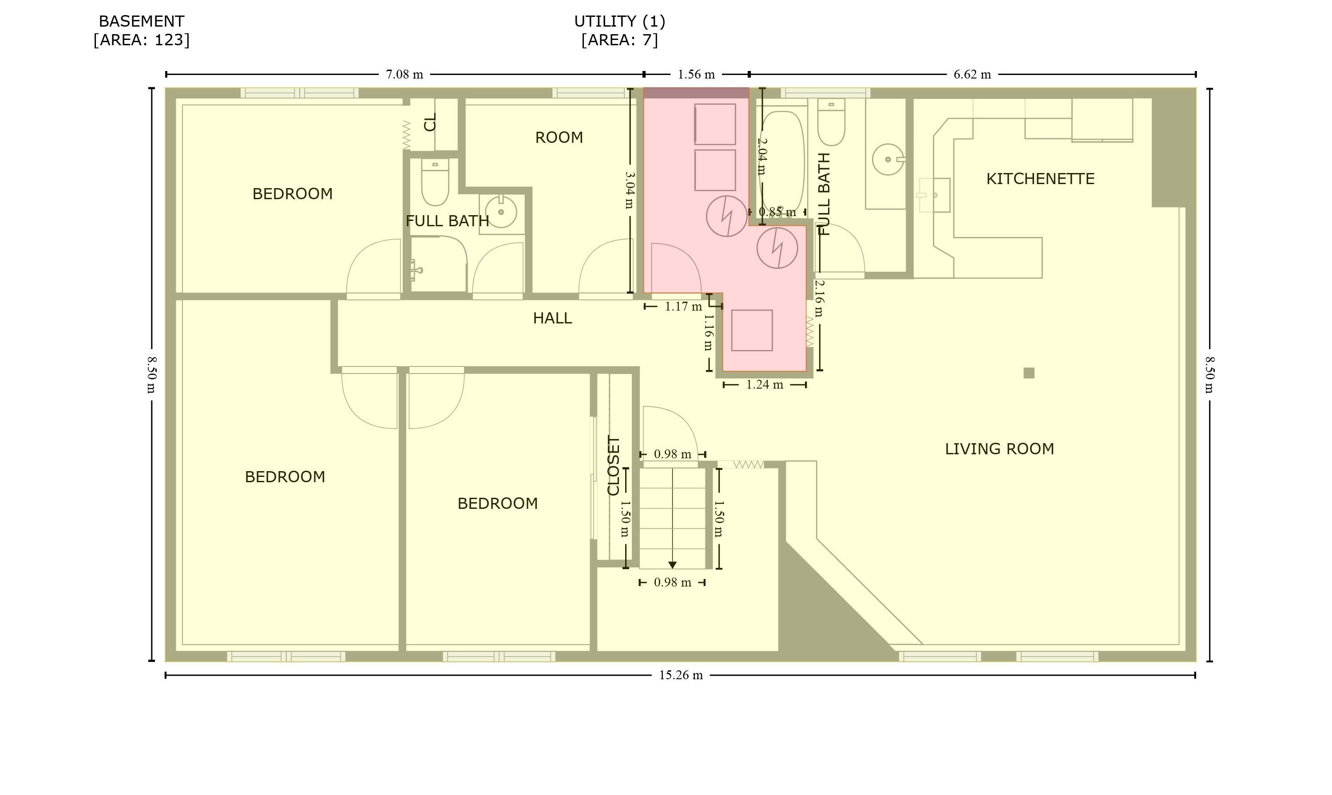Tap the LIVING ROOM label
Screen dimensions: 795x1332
(x=999, y=449)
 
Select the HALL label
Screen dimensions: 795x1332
(x=552, y=318)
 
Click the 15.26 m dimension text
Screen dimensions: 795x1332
(x=680, y=675)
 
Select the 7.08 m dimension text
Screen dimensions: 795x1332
(x=404, y=75)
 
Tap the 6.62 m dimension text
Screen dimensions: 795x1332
(x=972, y=75)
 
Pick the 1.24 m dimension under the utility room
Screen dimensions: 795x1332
(x=765, y=385)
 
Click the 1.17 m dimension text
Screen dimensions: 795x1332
(x=683, y=307)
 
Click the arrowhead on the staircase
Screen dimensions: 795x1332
(x=672, y=565)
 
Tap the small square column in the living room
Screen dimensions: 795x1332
(x=1029, y=373)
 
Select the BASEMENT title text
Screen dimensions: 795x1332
(x=142, y=21)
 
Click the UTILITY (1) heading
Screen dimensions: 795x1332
(x=620, y=21)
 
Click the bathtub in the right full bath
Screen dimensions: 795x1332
(x=783, y=161)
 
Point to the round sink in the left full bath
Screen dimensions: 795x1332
(x=501, y=212)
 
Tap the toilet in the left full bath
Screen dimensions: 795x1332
(x=435, y=182)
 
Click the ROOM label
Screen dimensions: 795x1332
(x=559, y=138)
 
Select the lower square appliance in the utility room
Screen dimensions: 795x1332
(x=752, y=330)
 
